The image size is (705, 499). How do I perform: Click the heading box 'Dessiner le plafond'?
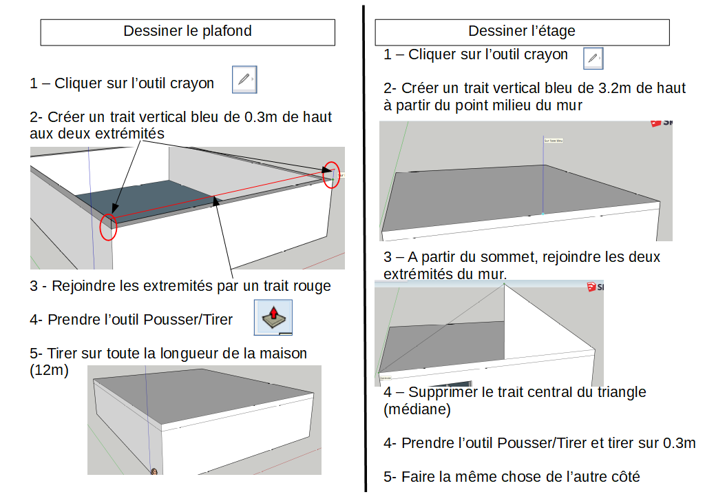pyautogui.click(x=187, y=32)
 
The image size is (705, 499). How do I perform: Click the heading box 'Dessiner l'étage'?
pyautogui.click(x=522, y=32)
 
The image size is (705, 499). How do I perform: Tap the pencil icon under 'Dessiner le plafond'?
pyautogui.click(x=244, y=80)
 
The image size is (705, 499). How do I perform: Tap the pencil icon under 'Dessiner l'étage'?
pyautogui.click(x=593, y=59)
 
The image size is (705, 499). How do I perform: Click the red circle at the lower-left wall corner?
pyautogui.click(x=108, y=227)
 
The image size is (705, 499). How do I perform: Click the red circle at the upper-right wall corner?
pyautogui.click(x=331, y=174)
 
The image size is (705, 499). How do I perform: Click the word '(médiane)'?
pyautogui.click(x=417, y=409)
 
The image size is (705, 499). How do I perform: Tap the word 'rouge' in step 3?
pyautogui.click(x=313, y=285)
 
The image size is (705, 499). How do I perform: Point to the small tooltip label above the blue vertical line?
pyautogui.click(x=554, y=141)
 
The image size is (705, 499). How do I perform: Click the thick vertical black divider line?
pyautogui.click(x=363, y=248)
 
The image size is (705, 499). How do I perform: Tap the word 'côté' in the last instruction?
pyautogui.click(x=622, y=476)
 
